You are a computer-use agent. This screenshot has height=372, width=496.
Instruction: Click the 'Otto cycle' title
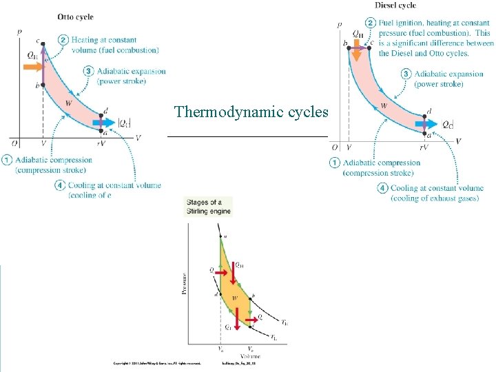(x=76, y=17)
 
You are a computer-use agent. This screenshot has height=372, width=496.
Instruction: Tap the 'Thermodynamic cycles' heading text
(x=251, y=112)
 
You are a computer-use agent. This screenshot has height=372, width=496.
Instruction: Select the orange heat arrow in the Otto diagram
(x=32, y=67)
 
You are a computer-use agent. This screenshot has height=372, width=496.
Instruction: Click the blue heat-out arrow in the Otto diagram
(x=105, y=123)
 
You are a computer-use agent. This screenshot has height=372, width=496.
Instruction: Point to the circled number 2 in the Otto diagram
(x=63, y=40)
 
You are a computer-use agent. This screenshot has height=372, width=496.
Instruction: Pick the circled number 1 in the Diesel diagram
(x=335, y=163)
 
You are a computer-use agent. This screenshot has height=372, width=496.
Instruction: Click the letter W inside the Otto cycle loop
(x=68, y=103)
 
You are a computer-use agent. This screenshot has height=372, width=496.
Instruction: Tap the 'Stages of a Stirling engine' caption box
(x=208, y=207)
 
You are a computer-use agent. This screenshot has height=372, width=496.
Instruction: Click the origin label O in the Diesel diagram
(x=334, y=147)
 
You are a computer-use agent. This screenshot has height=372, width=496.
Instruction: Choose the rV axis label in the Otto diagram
(x=101, y=143)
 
